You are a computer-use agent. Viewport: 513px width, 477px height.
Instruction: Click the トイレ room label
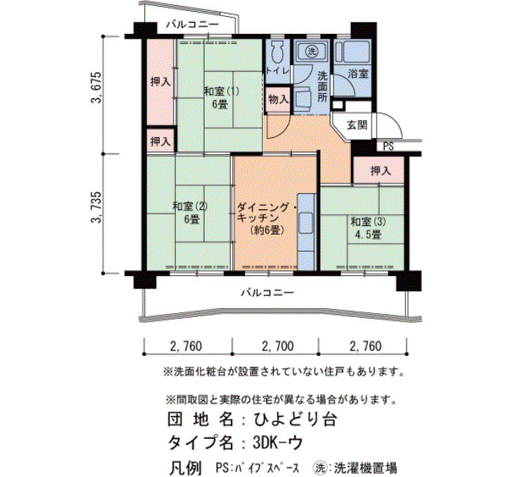coord(278,70)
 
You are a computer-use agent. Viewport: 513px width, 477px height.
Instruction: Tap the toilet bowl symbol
coord(278,52)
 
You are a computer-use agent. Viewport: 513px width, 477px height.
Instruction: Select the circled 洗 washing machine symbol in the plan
coord(311,51)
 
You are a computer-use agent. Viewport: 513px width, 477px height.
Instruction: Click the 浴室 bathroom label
coord(358,73)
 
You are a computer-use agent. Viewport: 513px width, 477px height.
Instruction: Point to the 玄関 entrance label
coord(357,125)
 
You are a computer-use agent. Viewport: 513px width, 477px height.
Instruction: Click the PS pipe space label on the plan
coord(388,146)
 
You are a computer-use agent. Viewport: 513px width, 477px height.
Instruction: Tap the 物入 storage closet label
coord(278,99)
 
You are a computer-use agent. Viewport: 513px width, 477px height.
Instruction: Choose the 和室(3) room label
coord(368,222)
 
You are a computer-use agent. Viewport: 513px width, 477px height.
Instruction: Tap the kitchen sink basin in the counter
coord(306,223)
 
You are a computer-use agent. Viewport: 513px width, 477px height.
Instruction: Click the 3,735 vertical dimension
coord(97,207)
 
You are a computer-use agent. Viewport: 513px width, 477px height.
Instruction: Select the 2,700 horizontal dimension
coord(278,346)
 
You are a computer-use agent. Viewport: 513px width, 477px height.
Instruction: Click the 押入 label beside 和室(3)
coord(380,170)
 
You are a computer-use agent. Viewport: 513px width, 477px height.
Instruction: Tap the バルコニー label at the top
coord(192,24)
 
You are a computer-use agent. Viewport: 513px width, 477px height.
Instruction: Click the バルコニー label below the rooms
coord(267,292)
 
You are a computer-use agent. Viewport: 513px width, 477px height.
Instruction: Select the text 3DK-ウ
coord(278,443)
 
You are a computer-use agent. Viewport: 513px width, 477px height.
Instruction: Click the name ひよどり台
coord(295,419)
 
